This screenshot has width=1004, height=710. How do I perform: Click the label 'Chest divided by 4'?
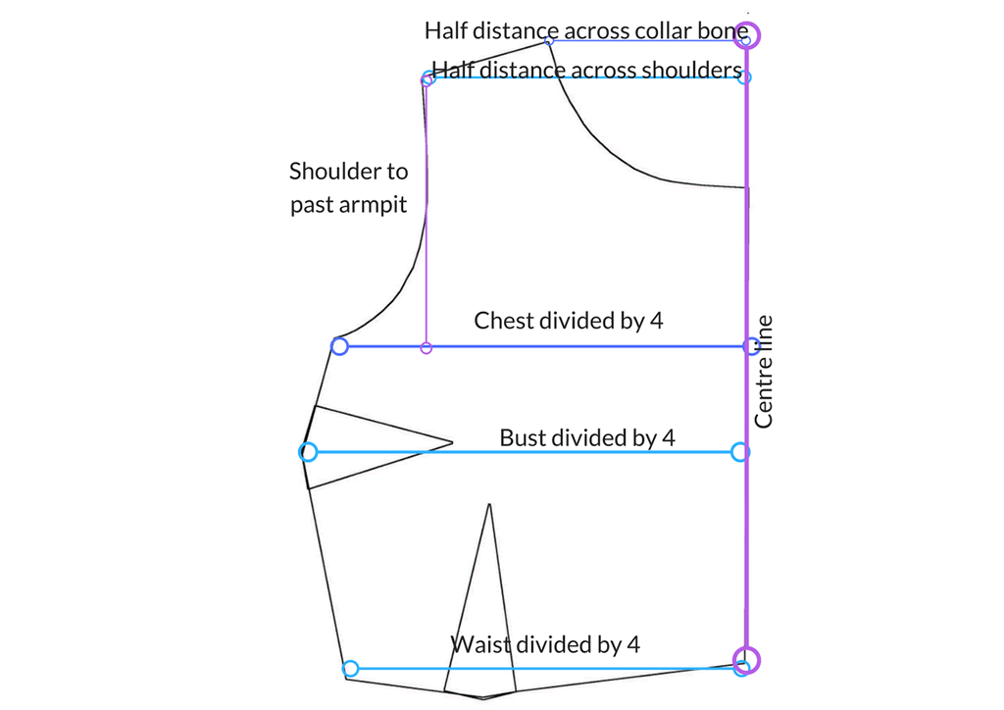click(x=568, y=320)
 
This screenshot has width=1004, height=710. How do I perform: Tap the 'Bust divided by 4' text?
click(x=587, y=438)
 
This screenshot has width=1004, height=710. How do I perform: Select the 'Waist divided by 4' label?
click(x=545, y=644)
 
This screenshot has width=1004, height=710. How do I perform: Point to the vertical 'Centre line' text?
click(x=763, y=372)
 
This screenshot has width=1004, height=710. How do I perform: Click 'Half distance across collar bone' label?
click(x=586, y=30)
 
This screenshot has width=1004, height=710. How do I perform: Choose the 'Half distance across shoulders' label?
click(x=586, y=70)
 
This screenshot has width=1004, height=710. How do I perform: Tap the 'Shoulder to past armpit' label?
click(x=348, y=187)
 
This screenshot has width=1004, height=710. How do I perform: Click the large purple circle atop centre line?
click(x=746, y=35)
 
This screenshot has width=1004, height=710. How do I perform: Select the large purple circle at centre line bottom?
click(x=746, y=659)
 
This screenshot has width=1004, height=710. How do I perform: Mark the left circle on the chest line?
click(x=339, y=346)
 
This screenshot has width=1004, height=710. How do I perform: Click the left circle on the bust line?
click(x=309, y=452)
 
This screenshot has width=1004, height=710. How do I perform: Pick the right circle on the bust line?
click(x=739, y=452)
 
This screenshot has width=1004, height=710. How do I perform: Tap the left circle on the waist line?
click(x=350, y=669)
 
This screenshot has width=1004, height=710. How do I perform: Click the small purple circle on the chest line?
click(x=427, y=348)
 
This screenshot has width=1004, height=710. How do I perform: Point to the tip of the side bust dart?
click(x=453, y=442)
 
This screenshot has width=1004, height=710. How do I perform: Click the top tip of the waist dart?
click(x=489, y=504)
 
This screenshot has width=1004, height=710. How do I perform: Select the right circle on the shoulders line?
click(x=744, y=77)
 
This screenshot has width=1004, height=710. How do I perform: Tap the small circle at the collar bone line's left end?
click(x=549, y=40)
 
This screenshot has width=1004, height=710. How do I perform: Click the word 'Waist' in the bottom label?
click(x=480, y=644)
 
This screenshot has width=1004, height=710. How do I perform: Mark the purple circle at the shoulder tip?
click(x=427, y=79)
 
